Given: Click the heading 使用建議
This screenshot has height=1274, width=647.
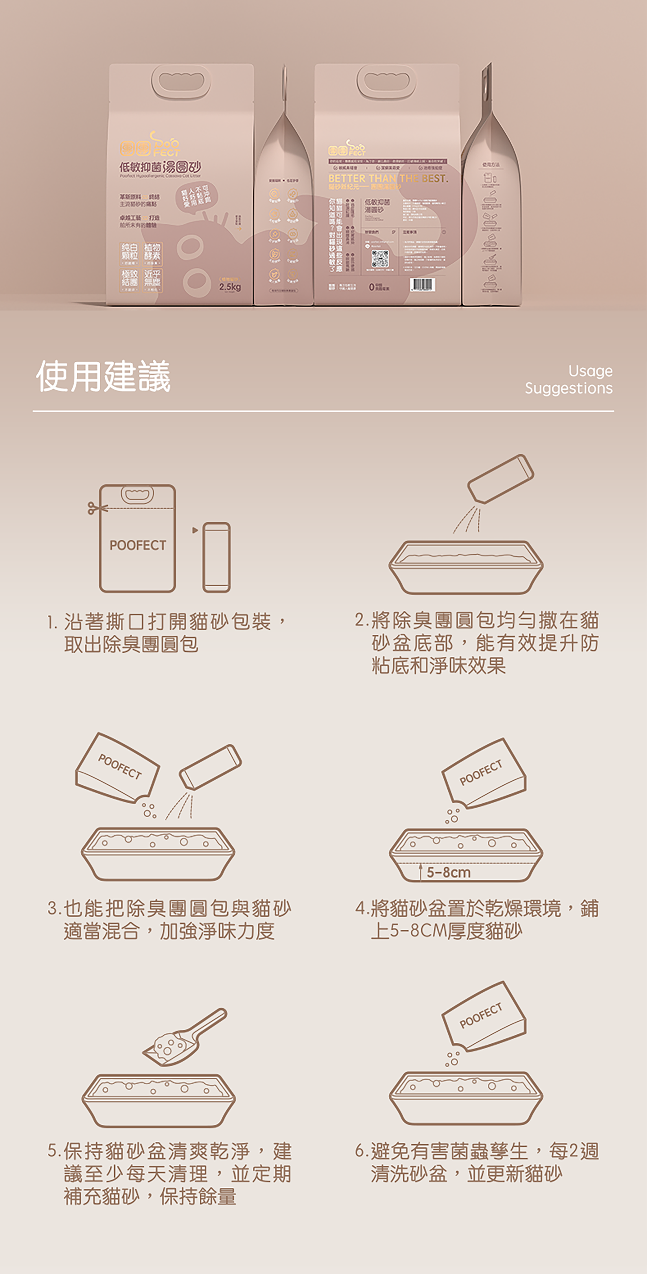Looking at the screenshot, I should tap(103, 376).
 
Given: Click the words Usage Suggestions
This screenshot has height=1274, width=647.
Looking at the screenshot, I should tap(569, 380).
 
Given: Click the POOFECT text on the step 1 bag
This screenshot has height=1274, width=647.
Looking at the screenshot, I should tap(137, 545).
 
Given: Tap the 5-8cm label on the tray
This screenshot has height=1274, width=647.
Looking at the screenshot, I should tap(448, 872).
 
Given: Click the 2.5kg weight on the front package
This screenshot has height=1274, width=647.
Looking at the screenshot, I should tap(230, 287).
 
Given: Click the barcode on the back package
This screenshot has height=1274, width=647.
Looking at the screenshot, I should tap(423, 284).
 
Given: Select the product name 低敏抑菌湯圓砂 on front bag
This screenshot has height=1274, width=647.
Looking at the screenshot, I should tap(160, 167).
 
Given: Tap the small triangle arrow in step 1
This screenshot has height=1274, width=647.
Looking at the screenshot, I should tap(195, 530).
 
